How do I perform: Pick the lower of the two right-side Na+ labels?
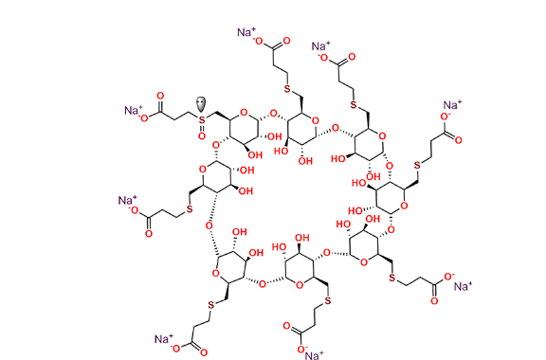point(462,285)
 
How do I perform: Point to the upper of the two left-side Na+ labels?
point(135,111)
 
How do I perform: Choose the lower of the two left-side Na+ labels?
point(127,200)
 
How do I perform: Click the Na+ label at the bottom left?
point(163,337)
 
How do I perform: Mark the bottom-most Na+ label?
point(313,354)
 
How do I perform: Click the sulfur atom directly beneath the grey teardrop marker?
point(201,115)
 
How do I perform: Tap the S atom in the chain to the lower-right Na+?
point(391,278)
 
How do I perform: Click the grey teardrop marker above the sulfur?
point(201,101)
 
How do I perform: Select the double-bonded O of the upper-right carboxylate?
point(458,140)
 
